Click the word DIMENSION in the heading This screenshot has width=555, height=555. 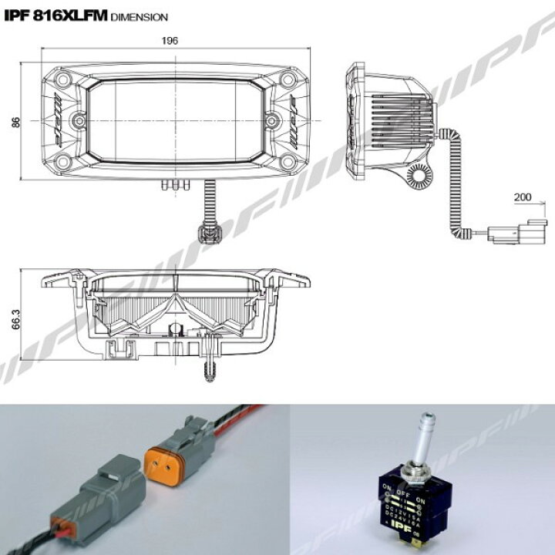[x=140, y=15]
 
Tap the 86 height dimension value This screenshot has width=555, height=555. [x=17, y=122]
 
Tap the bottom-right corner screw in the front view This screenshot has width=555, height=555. [x=288, y=161]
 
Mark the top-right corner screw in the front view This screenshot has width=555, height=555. [x=288, y=80]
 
